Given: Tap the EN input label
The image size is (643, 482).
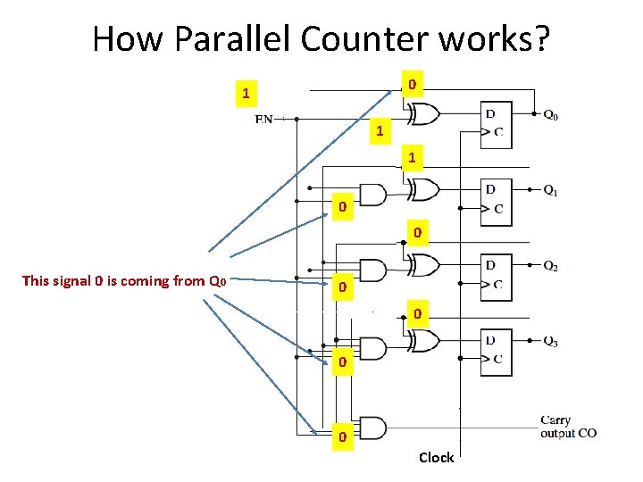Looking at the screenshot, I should coord(264,118).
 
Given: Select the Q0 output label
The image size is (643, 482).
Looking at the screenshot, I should coord(551,115).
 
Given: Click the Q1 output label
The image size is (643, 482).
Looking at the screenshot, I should coord(551,190).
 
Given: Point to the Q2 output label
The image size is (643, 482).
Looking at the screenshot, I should coord(551,266).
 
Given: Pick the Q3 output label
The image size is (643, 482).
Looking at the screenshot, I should coord(551,340).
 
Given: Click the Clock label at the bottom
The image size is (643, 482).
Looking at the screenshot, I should coord(436,457).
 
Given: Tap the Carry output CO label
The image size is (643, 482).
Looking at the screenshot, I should coord(568,427).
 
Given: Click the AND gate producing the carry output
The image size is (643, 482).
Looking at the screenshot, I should coord(372,428).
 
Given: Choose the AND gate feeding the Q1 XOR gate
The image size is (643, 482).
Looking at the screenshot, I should coord(372,195).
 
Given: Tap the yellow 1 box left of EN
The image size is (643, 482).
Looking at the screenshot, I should coord(246,93).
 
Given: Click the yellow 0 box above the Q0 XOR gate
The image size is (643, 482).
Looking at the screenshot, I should coord(410,86).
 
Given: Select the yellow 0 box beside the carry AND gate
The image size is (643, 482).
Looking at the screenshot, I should coord(340,437).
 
